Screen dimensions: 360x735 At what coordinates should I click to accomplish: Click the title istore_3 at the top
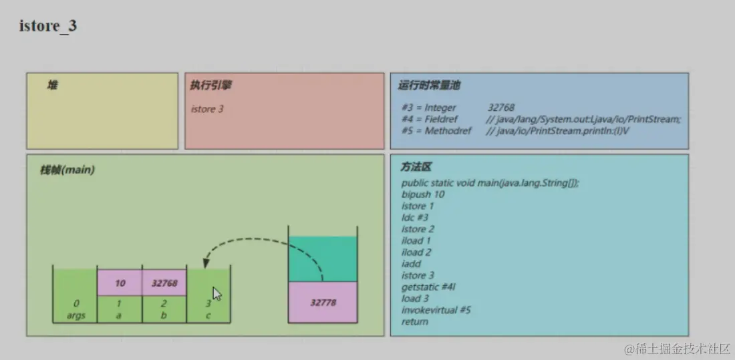click(48, 27)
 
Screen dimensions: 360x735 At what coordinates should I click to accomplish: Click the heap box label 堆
click(52, 85)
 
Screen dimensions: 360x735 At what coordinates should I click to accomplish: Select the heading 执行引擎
click(211, 85)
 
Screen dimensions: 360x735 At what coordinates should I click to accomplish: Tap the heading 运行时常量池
click(429, 85)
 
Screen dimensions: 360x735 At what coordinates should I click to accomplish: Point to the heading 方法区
click(416, 167)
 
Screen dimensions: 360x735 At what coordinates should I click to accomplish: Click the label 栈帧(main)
click(67, 170)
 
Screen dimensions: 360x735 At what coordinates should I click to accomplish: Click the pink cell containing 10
click(120, 283)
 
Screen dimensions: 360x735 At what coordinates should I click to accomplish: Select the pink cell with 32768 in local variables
click(164, 283)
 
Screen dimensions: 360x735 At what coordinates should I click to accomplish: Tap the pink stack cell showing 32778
click(323, 303)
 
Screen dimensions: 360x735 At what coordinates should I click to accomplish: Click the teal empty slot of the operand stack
click(323, 258)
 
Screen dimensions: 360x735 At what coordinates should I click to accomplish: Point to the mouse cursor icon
click(216, 294)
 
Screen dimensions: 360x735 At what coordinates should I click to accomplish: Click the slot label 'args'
click(76, 315)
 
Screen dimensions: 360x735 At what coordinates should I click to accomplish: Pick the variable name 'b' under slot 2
click(164, 315)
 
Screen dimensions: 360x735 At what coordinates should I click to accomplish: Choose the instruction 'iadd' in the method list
click(412, 264)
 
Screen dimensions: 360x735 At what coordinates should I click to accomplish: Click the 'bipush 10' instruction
click(423, 194)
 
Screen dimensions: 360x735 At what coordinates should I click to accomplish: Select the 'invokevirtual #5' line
click(436, 310)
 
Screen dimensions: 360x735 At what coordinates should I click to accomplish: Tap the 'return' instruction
click(415, 321)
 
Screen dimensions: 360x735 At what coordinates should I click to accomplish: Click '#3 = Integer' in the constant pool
click(429, 108)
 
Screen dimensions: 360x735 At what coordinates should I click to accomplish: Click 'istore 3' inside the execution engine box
click(207, 109)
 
